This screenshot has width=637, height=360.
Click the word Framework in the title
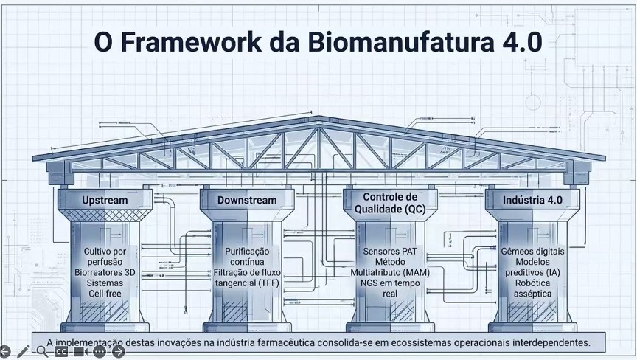click(191, 42)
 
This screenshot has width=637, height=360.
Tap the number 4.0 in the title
click(522, 42)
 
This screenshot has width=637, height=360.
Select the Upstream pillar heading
click(105, 201)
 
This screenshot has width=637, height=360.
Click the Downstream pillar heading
click(247, 201)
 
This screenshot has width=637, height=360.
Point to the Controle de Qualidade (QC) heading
click(390, 203)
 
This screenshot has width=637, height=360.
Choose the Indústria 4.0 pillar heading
click(532, 200)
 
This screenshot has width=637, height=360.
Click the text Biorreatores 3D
click(105, 273)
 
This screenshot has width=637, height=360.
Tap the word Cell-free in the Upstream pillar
click(105, 294)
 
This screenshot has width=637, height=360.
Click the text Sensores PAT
click(390, 252)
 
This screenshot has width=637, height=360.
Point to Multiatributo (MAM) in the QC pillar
click(390, 273)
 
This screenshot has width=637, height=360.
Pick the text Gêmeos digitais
click(532, 252)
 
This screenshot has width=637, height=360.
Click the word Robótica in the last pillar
click(532, 283)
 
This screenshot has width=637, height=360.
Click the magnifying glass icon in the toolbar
click(42, 351)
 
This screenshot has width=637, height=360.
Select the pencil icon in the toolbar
click(23, 351)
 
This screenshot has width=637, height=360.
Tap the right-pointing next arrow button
click(118, 351)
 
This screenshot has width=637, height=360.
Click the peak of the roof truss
click(318, 117)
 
